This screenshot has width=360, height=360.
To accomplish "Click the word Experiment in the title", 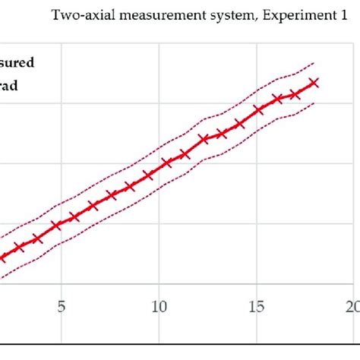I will (292, 14).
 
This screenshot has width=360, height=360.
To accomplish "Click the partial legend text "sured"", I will (17, 64).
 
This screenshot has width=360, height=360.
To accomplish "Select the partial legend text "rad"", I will (9, 86).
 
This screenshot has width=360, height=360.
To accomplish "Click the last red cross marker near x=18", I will (313, 83).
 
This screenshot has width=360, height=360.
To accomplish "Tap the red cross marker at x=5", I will (56, 226).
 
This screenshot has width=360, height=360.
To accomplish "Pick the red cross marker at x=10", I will (166, 163).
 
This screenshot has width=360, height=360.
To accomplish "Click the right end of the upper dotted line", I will (313, 63).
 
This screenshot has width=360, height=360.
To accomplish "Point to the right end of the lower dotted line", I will (313, 103).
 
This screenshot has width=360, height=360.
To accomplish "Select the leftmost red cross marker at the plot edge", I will (2, 256).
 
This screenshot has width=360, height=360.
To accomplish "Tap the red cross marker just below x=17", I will (295, 94).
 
